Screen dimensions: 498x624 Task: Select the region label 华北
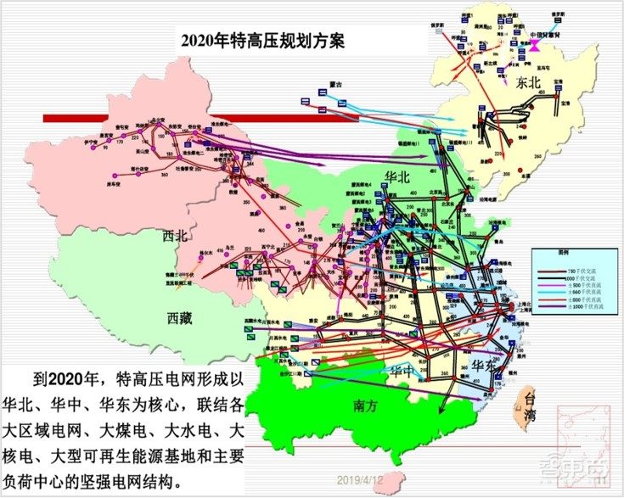pyautogui.click(x=398, y=176)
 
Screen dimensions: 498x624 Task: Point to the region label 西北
pyautogui.click(x=175, y=237)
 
